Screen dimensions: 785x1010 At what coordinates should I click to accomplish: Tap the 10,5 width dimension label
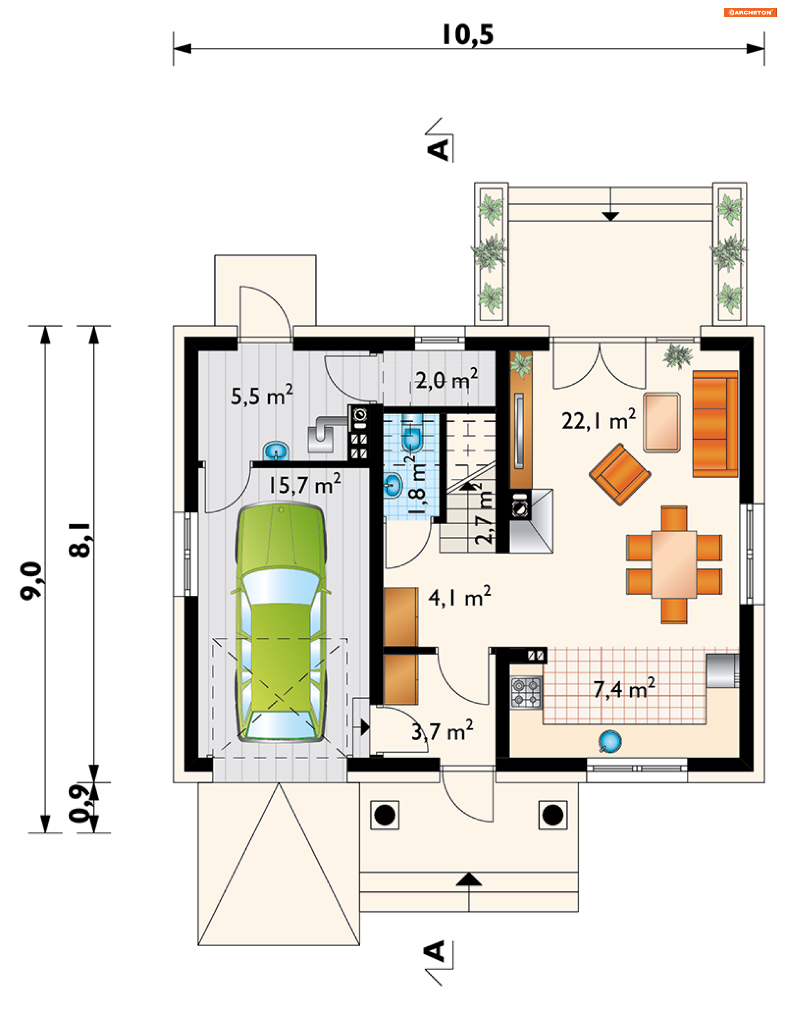pos(467,35)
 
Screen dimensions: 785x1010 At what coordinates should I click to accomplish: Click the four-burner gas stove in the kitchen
pos(526,692)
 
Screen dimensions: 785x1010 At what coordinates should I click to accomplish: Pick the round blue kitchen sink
pos(610,741)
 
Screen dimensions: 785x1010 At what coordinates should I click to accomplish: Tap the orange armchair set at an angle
pos(619,474)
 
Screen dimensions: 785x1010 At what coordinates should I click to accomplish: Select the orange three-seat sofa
pos(715,424)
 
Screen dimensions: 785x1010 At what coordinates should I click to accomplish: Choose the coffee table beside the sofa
pos(662,422)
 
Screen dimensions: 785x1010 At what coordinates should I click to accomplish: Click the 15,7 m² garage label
pos(305,484)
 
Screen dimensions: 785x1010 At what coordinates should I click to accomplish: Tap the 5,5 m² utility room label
pos(262,395)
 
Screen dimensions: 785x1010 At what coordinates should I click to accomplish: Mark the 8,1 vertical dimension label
pos(80,540)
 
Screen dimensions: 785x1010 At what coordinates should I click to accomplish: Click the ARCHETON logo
pos(750,13)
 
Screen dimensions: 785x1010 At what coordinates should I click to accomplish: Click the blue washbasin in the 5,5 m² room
pos(276,451)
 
